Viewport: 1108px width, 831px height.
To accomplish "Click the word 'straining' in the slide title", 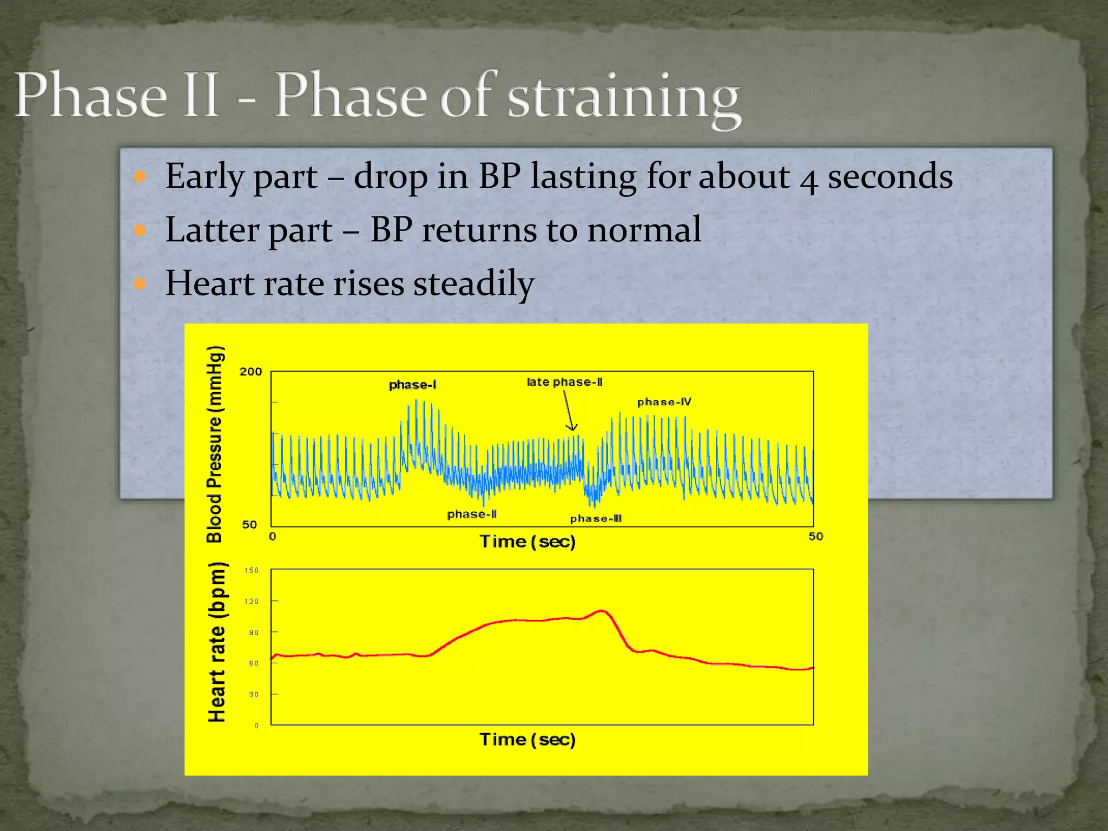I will pyautogui.click(x=623, y=97).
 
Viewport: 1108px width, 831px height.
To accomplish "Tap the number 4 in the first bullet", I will pyautogui.click(x=808, y=179).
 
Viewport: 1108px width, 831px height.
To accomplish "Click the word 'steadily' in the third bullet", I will pyautogui.click(x=474, y=283).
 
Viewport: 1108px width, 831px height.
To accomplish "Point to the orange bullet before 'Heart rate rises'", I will pyautogui.click(x=140, y=283).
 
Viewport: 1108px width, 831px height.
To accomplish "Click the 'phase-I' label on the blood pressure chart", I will pyautogui.click(x=413, y=385).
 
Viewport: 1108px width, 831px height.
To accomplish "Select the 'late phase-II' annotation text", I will pyautogui.click(x=564, y=382).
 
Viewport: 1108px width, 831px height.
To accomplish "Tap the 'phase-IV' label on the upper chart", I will pyautogui.click(x=664, y=402).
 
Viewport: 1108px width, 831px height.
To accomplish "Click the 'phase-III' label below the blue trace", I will pyautogui.click(x=596, y=518).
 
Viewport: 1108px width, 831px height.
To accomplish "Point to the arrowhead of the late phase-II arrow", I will pyautogui.click(x=571, y=428).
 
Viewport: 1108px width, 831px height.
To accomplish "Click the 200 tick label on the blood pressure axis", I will pyautogui.click(x=250, y=372).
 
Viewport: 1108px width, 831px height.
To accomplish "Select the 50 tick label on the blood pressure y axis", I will pyautogui.click(x=249, y=524).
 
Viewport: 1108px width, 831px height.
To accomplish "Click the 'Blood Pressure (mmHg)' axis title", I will pyautogui.click(x=215, y=444).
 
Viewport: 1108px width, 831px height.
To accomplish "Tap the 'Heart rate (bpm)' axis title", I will pyautogui.click(x=217, y=642).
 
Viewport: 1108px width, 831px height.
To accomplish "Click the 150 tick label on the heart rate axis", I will pyautogui.click(x=252, y=570).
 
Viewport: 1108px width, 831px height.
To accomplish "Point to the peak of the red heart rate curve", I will pyautogui.click(x=602, y=611).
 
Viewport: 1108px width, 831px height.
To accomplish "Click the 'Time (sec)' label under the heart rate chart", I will pyautogui.click(x=527, y=739).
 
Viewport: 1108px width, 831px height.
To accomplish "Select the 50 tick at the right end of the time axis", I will pyautogui.click(x=815, y=536).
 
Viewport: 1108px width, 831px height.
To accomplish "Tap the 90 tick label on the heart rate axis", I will pyautogui.click(x=253, y=632).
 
